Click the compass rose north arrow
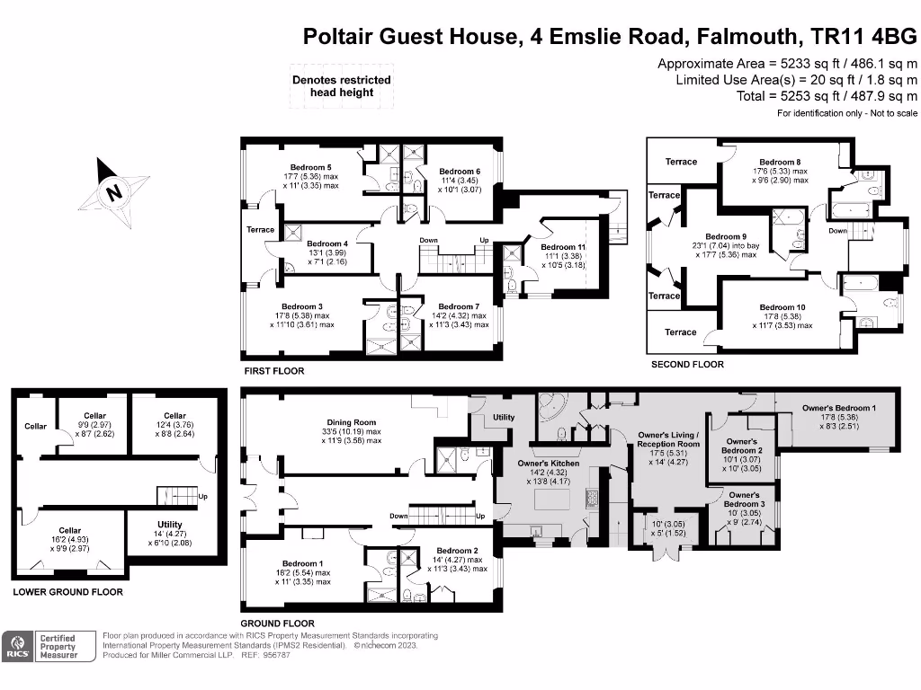click(112, 191)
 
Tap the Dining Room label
click(352, 422)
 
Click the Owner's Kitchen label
click(548, 464)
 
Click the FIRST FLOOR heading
click(273, 371)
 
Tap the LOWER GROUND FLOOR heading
click(67, 592)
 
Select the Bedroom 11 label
click(564, 247)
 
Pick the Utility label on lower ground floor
click(169, 525)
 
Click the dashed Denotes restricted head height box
click(341, 85)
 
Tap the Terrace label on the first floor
click(260, 230)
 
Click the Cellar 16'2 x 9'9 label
click(69, 531)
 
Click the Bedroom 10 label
click(782, 307)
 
